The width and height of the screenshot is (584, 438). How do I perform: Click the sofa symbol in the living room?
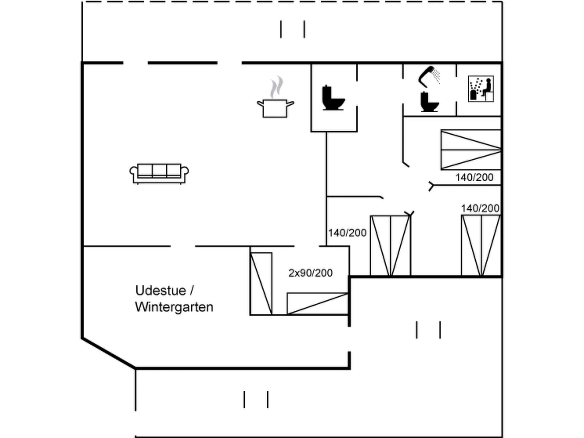[159, 173]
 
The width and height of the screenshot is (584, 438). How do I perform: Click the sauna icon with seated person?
[481, 89]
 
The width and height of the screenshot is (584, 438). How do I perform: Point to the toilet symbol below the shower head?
[429, 102]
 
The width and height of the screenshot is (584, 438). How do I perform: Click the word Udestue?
[161, 291]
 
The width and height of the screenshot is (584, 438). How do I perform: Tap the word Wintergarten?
[174, 307]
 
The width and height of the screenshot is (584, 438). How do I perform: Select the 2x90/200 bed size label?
[310, 273]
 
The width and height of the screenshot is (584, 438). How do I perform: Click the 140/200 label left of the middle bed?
[347, 233]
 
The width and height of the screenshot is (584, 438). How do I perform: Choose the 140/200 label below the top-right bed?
[474, 178]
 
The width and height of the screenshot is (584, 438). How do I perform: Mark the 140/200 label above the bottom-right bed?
[480, 208]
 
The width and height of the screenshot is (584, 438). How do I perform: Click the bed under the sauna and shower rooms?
[471, 150]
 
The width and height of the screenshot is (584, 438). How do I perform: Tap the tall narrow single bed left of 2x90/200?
[261, 283]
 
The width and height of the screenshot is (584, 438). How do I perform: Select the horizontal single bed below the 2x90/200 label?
[317, 303]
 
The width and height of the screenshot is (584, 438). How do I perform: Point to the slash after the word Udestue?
[192, 291]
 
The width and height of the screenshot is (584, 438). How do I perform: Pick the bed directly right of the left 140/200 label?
[390, 246]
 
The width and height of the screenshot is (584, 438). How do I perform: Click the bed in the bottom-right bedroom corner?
[481, 246]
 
